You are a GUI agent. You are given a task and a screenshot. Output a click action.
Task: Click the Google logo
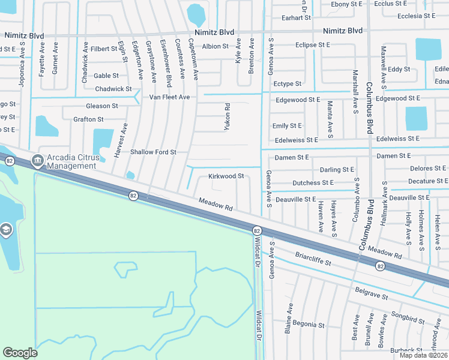click(x=20, y=353)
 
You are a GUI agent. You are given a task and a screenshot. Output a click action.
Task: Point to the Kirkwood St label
click(x=226, y=176)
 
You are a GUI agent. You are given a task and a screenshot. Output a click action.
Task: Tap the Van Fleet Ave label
click(x=169, y=97)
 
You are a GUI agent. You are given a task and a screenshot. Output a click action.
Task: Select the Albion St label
click(x=215, y=46)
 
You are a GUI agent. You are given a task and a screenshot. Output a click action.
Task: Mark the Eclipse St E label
click(x=313, y=44)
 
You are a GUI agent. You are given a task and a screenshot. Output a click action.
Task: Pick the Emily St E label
click(x=287, y=126)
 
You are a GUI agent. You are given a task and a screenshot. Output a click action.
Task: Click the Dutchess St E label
click(x=313, y=183)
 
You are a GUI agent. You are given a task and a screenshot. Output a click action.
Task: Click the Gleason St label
click(x=102, y=106)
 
